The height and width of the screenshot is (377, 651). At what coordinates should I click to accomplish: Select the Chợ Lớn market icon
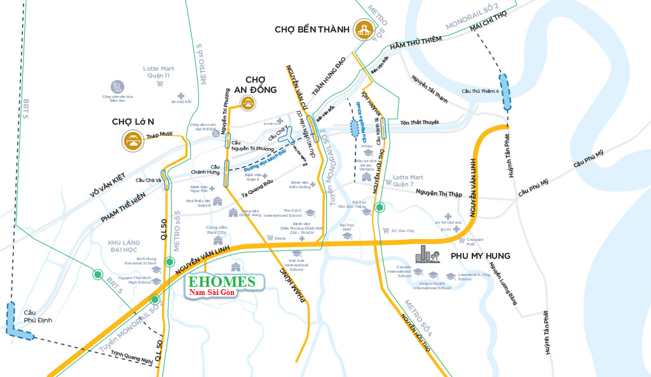click(135, 141)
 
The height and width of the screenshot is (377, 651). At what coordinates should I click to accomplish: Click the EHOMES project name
click(221, 281)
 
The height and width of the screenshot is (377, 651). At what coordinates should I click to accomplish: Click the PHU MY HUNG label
click(480, 256)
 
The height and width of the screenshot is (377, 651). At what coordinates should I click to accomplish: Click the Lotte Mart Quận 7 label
click(408, 181)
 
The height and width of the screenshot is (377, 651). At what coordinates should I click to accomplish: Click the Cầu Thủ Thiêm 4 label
click(481, 91)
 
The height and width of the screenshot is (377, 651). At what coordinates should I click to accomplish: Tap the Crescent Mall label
click(471, 241)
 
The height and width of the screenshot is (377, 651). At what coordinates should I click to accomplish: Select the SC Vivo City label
click(402, 230)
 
